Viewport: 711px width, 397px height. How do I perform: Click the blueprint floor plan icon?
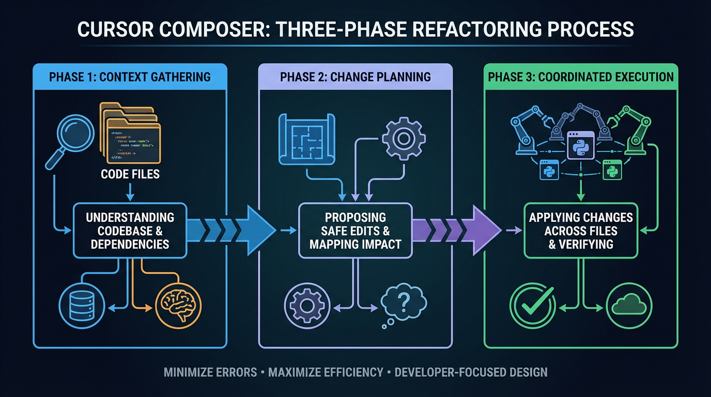[x=305, y=139]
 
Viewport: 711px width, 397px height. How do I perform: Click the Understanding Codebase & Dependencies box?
[x=130, y=230]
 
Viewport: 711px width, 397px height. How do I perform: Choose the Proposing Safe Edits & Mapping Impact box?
[x=355, y=230]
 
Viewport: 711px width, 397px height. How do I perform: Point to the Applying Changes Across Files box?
[x=581, y=230]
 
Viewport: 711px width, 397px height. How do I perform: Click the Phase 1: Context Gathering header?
[x=130, y=77]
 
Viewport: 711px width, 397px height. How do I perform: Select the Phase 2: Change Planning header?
[x=355, y=77]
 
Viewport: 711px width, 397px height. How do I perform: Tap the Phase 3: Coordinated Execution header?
[x=581, y=77]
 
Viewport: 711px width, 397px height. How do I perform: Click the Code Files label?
[x=130, y=174]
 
